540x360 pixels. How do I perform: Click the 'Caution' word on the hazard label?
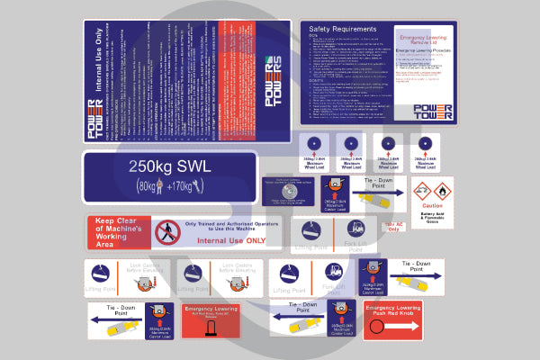[x=433, y=206]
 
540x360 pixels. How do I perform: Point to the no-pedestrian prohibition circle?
[x=166, y=233]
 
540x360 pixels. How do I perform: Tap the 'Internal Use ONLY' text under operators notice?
[x=230, y=241]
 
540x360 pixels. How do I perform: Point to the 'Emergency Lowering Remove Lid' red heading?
[x=424, y=41]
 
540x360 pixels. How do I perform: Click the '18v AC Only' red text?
[x=392, y=226]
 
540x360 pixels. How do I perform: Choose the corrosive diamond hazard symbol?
[x=423, y=191]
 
